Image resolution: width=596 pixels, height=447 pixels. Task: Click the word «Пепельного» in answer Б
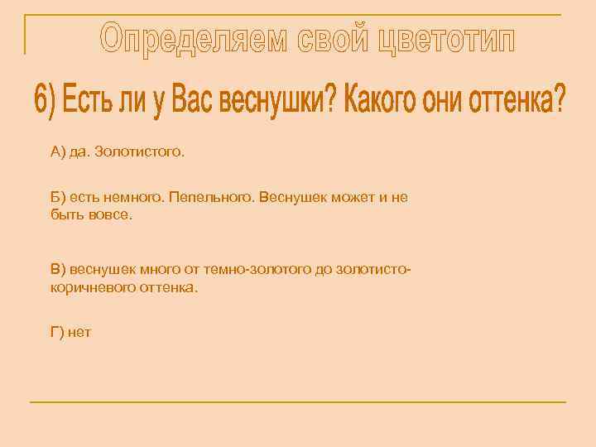coord(217,198)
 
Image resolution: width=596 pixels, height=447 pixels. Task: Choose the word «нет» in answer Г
coord(80,333)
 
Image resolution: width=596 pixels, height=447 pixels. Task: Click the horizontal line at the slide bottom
coord(298,402)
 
